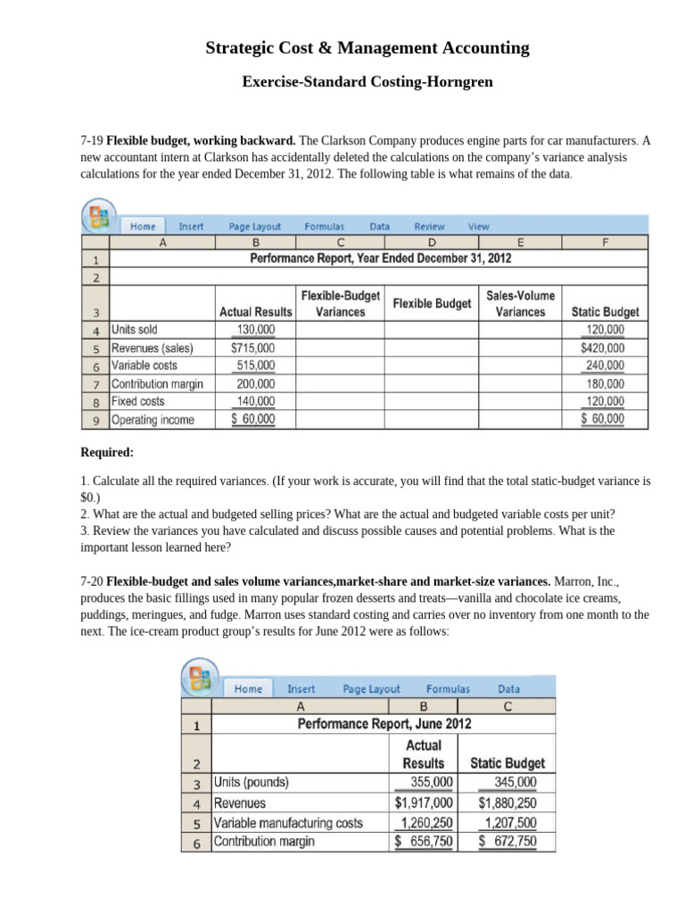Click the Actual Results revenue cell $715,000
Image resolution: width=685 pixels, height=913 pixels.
click(253, 348)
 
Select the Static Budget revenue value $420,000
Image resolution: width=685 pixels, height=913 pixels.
click(602, 348)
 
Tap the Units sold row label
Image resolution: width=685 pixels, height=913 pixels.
click(135, 330)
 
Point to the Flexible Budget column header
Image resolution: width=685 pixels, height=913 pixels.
click(432, 304)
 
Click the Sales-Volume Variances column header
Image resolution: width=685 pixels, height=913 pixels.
click(520, 303)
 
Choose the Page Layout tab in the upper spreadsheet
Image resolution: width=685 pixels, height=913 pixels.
click(254, 226)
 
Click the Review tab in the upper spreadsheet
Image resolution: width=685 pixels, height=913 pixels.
click(429, 226)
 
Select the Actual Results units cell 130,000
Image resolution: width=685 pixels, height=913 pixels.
click(255, 330)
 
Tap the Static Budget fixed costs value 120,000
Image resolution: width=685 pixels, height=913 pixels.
click(605, 401)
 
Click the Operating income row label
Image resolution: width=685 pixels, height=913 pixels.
click(153, 419)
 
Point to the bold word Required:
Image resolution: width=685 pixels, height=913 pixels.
click(107, 452)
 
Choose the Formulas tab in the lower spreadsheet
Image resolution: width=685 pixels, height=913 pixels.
click(448, 688)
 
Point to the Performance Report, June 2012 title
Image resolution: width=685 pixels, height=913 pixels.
click(384, 724)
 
